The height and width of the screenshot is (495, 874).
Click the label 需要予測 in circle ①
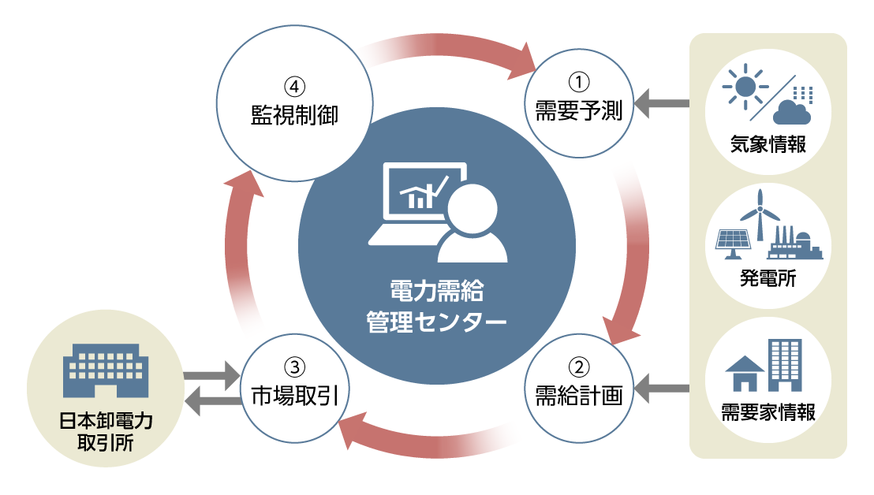579,111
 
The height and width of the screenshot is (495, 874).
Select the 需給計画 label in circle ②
579,394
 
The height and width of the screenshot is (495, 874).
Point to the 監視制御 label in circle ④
289,115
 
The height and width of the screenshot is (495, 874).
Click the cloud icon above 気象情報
791,112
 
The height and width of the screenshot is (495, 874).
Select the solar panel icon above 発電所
733,243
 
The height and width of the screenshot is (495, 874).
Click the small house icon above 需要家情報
744,372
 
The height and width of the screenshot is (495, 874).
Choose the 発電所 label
768,277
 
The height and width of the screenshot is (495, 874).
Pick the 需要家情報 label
768,412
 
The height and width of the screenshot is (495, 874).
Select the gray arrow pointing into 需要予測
662,103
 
